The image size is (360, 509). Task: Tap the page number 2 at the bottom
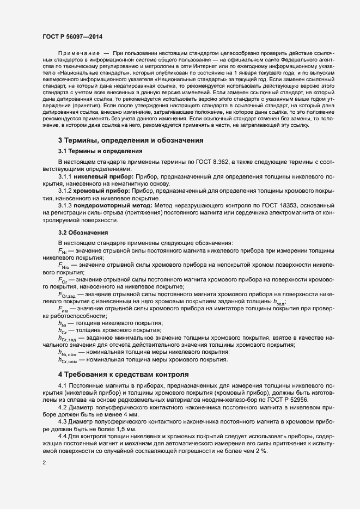(44, 463)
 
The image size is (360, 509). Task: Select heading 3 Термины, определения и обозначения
(131, 140)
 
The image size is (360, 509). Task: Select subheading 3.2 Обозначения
(83, 232)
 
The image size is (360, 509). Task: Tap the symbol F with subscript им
(63, 309)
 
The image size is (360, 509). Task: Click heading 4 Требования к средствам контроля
(123, 375)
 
